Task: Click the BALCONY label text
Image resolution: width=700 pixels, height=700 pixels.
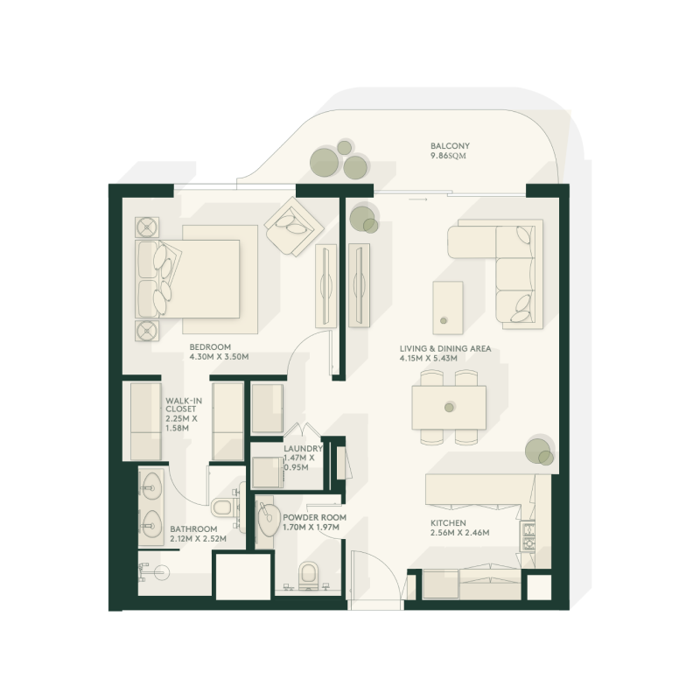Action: pyautogui.click(x=450, y=146)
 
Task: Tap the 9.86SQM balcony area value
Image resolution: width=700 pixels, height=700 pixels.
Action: pyautogui.click(x=450, y=157)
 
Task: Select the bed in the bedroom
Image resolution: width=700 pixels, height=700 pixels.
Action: pyautogui.click(x=197, y=278)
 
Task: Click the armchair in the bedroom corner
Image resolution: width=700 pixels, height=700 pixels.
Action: pyautogui.click(x=290, y=225)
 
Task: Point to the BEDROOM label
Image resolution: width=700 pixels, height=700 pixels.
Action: pyautogui.click(x=210, y=347)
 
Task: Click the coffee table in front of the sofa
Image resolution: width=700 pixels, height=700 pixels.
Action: pyautogui.click(x=449, y=306)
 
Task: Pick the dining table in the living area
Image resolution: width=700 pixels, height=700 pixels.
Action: pyautogui.click(x=449, y=407)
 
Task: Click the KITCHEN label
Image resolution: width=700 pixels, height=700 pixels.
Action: pyautogui.click(x=447, y=522)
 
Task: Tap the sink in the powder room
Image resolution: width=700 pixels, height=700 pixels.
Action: pyautogui.click(x=267, y=519)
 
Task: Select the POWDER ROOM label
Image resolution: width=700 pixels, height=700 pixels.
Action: pyautogui.click(x=314, y=517)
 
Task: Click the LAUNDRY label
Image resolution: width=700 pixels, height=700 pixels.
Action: pyautogui.click(x=303, y=449)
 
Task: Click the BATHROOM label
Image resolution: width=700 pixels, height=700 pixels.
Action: pyautogui.click(x=193, y=528)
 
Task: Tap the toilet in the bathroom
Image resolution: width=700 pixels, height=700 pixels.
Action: pyautogui.click(x=223, y=507)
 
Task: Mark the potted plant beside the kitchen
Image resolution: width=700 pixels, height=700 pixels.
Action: pyautogui.click(x=539, y=451)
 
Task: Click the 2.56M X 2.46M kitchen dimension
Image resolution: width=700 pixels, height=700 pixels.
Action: pyautogui.click(x=458, y=533)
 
